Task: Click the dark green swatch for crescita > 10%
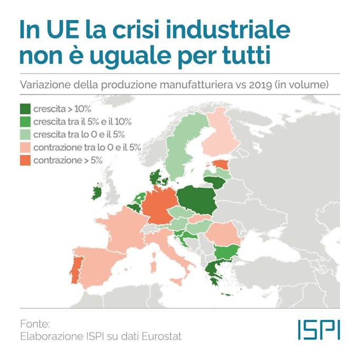[24, 110]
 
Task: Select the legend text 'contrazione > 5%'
[68, 159]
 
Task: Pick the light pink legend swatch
[24, 147]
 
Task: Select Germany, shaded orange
[159, 206]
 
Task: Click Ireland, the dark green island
[97, 192]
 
